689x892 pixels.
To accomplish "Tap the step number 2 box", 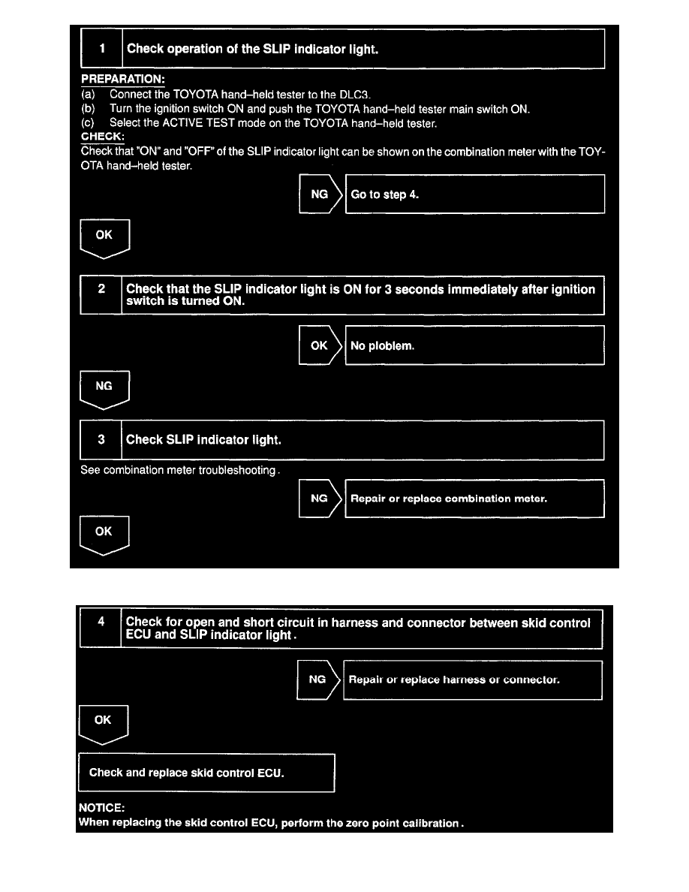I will pyautogui.click(x=101, y=294).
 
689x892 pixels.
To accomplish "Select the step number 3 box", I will pyautogui.click(x=101, y=440).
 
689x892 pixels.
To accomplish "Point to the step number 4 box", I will pyautogui.click(x=100, y=628).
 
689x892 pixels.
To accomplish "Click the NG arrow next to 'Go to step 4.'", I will pyautogui.click(x=320, y=194).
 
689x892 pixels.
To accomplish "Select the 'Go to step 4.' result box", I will pyautogui.click(x=474, y=194).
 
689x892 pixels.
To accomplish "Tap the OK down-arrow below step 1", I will pyautogui.click(x=104, y=238).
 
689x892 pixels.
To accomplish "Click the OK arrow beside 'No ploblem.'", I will pyautogui.click(x=320, y=345).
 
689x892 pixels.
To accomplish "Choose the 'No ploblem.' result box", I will pyautogui.click(x=474, y=345).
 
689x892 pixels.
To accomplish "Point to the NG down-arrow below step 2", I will pyautogui.click(x=104, y=389).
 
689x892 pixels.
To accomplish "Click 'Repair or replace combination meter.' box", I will pyautogui.click(x=474, y=499).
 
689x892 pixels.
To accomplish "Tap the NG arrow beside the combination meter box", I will pyautogui.click(x=320, y=499).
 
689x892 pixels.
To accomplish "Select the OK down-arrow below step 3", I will pyautogui.click(x=104, y=535).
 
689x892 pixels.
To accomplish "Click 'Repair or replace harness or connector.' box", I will pyautogui.click(x=473, y=680).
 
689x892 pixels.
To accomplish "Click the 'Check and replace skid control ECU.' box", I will pyautogui.click(x=206, y=773).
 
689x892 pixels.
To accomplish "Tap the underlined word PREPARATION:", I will pyautogui.click(x=122, y=80).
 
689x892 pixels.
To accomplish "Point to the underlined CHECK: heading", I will pyautogui.click(x=103, y=137).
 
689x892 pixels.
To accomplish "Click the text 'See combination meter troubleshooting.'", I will pyautogui.click(x=181, y=471).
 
